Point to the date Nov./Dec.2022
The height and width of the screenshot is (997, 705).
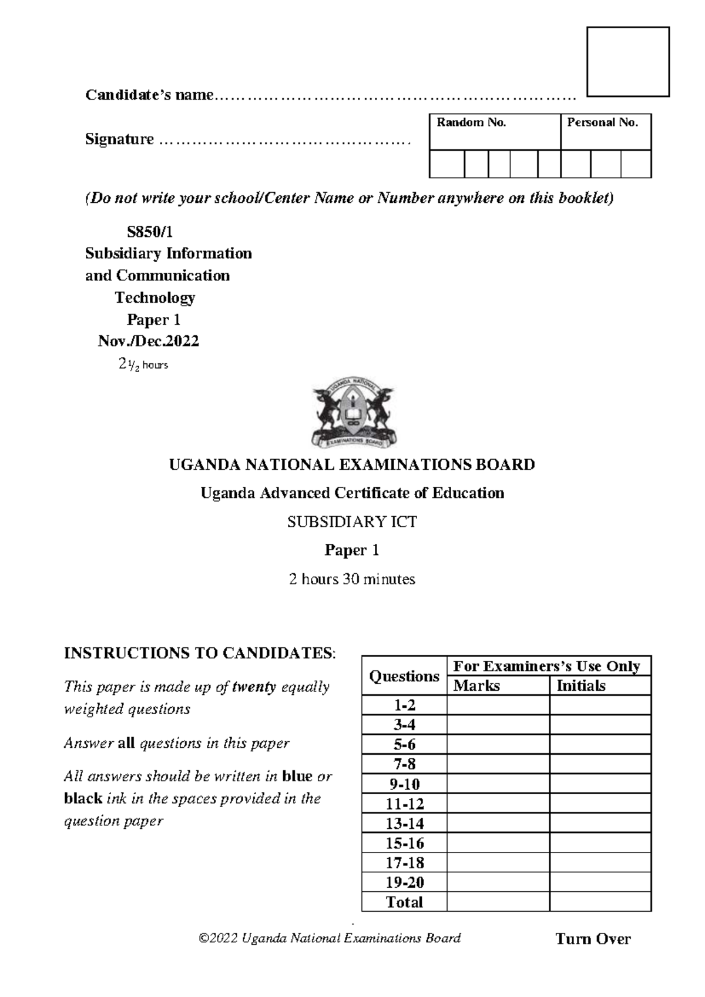pyautogui.click(x=149, y=341)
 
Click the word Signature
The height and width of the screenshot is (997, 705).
pyautogui.click(x=119, y=139)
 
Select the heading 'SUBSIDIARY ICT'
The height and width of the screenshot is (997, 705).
pyautogui.click(x=352, y=521)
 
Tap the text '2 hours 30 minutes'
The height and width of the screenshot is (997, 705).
pyautogui.click(x=352, y=579)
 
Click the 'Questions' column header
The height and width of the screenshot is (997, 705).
pyautogui.click(x=404, y=676)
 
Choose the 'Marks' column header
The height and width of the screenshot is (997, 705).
pyautogui.click(x=476, y=685)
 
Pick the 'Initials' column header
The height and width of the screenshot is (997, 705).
pyautogui.click(x=580, y=685)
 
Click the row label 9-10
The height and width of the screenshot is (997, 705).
pyautogui.click(x=404, y=784)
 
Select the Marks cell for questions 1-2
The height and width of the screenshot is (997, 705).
pyautogui.click(x=498, y=705)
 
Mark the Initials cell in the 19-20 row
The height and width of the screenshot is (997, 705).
pyautogui.click(x=600, y=882)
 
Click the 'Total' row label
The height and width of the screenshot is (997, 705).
pyautogui.click(x=404, y=902)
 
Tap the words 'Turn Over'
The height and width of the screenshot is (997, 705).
pyautogui.click(x=593, y=939)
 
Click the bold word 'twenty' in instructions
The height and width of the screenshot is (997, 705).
pyautogui.click(x=254, y=687)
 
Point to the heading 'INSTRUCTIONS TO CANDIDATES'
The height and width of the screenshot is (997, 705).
pyautogui.click(x=199, y=653)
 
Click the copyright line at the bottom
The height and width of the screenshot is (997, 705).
pyautogui.click(x=330, y=938)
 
